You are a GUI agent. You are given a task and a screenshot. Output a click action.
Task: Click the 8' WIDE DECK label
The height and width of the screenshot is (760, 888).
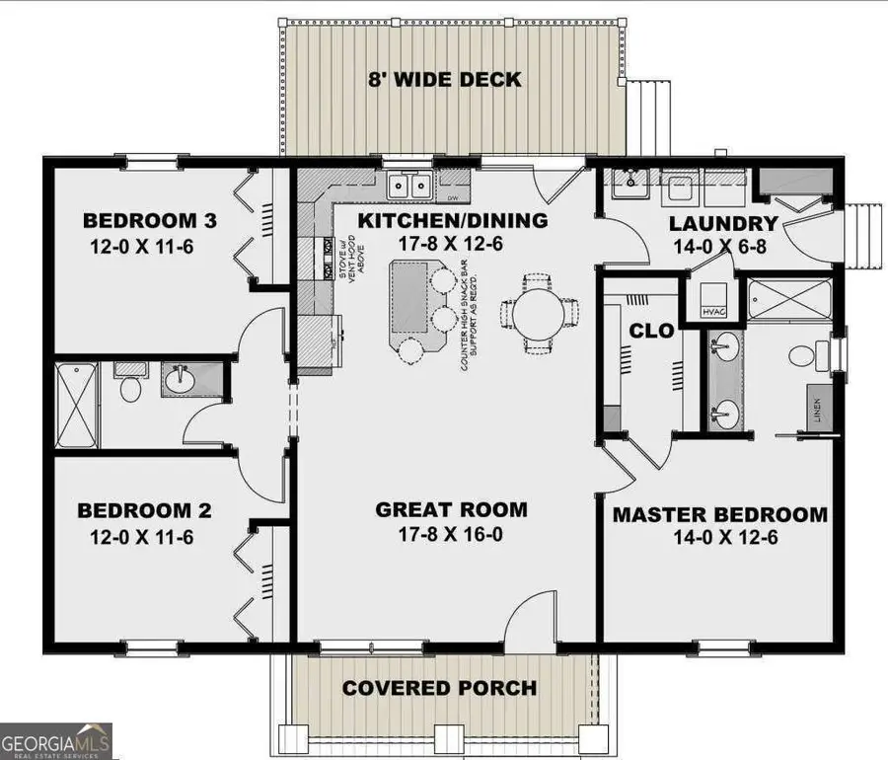(x=445, y=80)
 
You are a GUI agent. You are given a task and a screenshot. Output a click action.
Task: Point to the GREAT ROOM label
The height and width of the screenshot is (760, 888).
(x=451, y=510)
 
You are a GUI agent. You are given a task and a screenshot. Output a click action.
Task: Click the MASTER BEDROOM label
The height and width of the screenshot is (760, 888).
(x=719, y=514)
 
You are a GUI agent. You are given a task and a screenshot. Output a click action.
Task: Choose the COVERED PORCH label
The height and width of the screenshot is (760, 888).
(x=439, y=688)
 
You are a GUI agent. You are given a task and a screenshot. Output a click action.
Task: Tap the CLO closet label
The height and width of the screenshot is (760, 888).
(x=652, y=332)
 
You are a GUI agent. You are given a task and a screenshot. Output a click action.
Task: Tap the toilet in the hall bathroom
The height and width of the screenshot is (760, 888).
(x=129, y=386)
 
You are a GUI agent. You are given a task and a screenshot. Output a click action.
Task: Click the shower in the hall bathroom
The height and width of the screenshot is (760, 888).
(x=77, y=405)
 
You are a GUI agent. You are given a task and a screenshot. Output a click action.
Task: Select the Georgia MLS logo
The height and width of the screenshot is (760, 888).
(x=56, y=740)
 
